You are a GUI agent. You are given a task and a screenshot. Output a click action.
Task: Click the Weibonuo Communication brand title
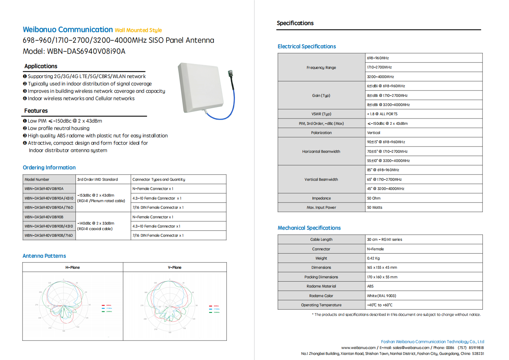pyautogui.click(x=68, y=30)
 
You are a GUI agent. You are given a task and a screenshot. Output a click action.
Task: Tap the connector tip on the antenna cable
pyautogui.click(x=230, y=73)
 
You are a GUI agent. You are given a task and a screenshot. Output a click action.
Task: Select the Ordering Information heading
pyautogui.click(x=49, y=167)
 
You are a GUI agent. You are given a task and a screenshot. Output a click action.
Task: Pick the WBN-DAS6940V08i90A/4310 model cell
pyautogui.click(x=49, y=198)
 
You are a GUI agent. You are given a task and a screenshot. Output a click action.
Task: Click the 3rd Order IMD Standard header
pyautogui.click(x=98, y=180)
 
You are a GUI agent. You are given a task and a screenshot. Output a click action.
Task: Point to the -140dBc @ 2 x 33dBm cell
pyautogui.click(x=96, y=223)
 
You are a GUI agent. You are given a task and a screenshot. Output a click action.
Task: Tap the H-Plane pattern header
pyautogui.click(x=73, y=268)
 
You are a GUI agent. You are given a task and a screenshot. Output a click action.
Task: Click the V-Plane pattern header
pyautogui.click(x=175, y=268)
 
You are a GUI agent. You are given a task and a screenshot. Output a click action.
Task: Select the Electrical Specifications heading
pyautogui.click(x=307, y=46)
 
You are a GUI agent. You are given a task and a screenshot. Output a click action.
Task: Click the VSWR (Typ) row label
pyautogui.click(x=321, y=114)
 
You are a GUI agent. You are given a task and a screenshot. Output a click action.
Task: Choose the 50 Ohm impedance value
pyautogui.click(x=374, y=198)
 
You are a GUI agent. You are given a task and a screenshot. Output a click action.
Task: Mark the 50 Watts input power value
pyautogui.click(x=375, y=208)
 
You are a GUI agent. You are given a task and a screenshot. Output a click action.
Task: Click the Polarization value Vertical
pyautogui.click(x=373, y=133)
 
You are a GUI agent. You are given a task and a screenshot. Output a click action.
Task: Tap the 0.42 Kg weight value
pyautogui.click(x=373, y=258)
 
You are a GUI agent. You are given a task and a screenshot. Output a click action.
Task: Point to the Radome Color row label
pyautogui.click(x=321, y=296)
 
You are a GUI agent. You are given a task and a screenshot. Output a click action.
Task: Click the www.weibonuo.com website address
pyautogui.click(x=358, y=347)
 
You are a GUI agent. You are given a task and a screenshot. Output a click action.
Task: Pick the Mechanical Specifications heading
pyautogui.click(x=309, y=228)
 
